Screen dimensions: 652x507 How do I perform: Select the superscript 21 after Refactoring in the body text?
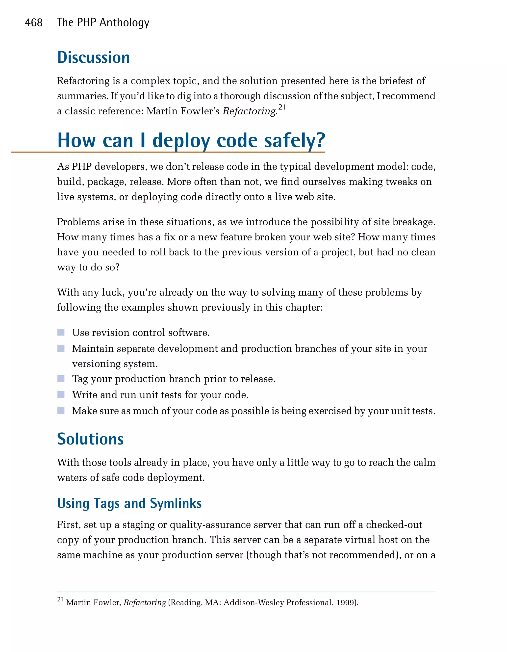tap(282, 107)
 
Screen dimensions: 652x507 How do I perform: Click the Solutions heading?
tap(90, 439)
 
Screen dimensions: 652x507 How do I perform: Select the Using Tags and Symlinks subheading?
tap(129, 503)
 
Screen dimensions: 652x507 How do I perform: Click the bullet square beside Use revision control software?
tap(61, 332)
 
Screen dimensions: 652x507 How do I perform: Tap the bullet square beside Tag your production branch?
tap(61, 379)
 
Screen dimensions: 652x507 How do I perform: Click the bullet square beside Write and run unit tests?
tap(61, 395)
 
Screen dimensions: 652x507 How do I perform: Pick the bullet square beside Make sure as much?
tap(61, 411)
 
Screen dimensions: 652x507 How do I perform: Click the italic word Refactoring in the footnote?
tap(145, 603)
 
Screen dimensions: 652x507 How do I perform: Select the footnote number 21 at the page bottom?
tap(60, 600)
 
